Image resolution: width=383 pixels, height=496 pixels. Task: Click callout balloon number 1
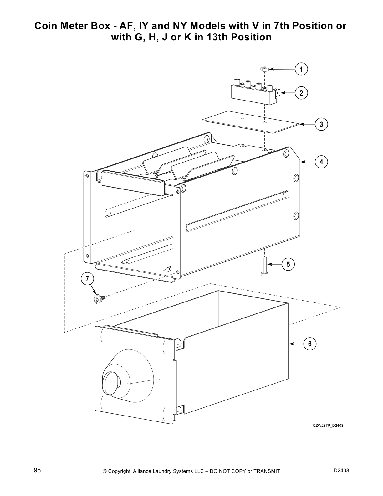pos(301,69)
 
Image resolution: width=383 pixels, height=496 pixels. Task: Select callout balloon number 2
pos(301,93)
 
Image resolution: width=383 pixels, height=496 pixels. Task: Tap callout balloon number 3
pos(321,124)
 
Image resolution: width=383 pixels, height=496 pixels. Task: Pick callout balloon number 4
pos(321,162)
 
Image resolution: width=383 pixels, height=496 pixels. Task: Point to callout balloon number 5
pos(288,264)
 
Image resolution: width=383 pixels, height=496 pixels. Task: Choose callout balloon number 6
pos(310,344)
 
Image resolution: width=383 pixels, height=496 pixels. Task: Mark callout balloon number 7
pos(87,278)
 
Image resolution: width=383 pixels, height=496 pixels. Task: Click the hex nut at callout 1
pos(264,69)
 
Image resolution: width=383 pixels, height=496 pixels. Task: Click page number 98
pos(37,470)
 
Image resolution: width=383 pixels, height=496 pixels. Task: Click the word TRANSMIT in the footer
pos(267,471)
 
